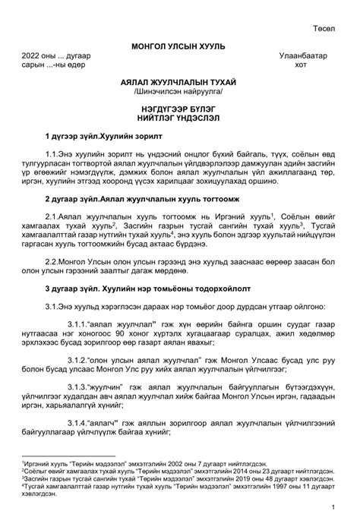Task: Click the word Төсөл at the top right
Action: [x=324, y=29]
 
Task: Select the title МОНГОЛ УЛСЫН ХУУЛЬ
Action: [x=178, y=47]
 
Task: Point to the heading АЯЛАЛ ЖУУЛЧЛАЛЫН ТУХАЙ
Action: [x=178, y=81]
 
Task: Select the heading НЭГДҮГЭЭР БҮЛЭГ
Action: [x=178, y=109]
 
